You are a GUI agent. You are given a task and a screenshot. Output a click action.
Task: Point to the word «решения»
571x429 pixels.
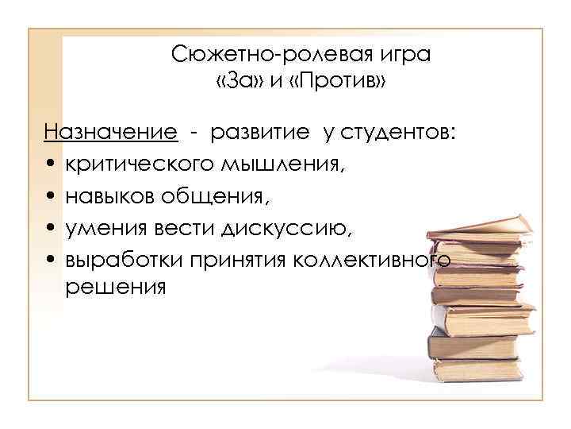[x=116, y=287]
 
